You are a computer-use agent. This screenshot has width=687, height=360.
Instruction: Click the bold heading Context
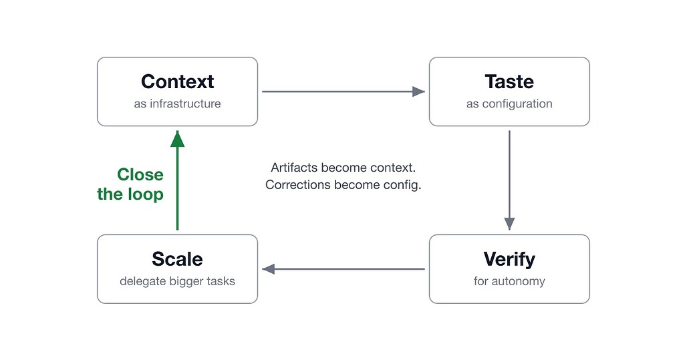point(178,81)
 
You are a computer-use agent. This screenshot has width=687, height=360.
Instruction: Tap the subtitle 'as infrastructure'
point(178,104)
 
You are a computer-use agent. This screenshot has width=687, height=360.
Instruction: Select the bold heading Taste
point(509,81)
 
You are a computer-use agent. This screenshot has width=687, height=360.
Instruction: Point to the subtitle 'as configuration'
point(509,104)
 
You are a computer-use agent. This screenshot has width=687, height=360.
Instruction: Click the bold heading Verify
point(509,259)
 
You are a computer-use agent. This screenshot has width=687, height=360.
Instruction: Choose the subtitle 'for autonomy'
point(509,281)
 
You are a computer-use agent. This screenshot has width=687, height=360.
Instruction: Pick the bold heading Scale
point(178,259)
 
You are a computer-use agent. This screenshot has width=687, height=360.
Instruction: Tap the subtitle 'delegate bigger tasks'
point(178,281)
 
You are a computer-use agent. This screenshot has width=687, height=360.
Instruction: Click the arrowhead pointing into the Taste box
point(418,92)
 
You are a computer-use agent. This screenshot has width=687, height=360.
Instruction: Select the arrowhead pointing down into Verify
point(509,223)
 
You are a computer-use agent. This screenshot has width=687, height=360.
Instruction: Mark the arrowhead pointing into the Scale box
point(269,269)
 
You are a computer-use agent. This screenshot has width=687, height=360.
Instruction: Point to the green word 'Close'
point(140,175)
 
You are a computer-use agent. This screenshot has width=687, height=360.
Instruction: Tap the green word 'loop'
point(146,194)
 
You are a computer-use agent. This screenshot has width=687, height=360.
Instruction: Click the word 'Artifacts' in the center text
point(295,167)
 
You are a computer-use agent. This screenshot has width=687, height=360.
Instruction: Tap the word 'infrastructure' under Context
point(185,104)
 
